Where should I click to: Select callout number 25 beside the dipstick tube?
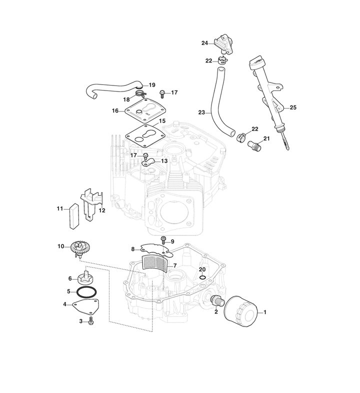(293, 108)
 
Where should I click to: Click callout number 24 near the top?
(204, 43)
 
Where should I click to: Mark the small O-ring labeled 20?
(201, 277)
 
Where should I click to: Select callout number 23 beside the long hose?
(201, 112)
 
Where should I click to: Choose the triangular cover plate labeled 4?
(86, 305)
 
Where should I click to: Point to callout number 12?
(101, 210)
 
